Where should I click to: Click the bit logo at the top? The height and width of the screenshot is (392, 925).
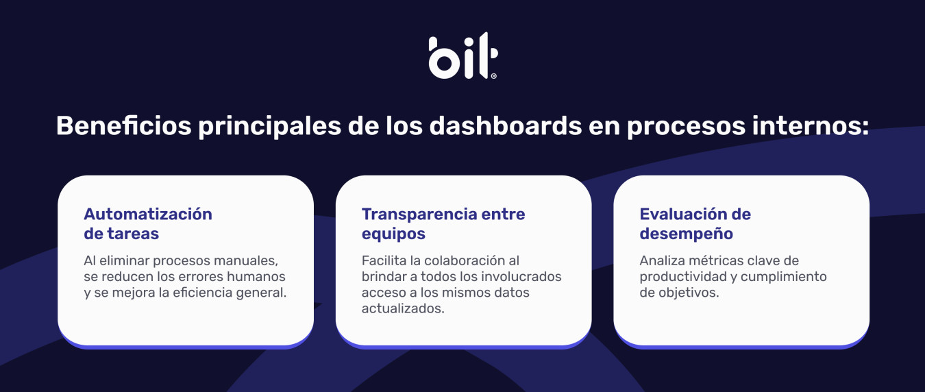[463, 56]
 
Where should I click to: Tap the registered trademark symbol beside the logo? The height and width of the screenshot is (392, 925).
[493, 76]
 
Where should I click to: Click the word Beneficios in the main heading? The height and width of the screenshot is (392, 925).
[124, 125]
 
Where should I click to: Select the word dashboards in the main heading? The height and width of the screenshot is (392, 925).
[506, 125]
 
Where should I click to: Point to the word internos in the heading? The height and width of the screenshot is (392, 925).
[810, 125]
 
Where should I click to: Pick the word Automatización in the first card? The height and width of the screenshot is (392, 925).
[148, 214]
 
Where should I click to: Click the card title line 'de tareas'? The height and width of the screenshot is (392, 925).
[121, 234]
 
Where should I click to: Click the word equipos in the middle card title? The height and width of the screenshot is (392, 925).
[393, 234]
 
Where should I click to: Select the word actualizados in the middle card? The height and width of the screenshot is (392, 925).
[403, 308]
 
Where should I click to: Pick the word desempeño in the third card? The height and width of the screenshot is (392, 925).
[687, 234]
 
